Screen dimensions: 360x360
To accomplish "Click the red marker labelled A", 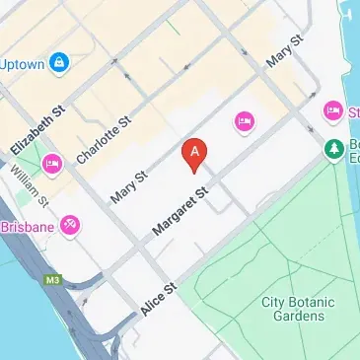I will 196,153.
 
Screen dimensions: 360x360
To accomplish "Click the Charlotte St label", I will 103,140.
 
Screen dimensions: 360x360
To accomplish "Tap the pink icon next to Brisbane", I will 70,226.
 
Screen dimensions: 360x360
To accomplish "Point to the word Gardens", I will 293,316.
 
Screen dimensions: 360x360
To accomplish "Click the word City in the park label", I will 274,301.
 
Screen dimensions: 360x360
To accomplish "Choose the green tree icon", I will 333,148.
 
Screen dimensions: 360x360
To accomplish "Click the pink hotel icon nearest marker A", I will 244,121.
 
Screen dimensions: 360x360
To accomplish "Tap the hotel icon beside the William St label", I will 52,162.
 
